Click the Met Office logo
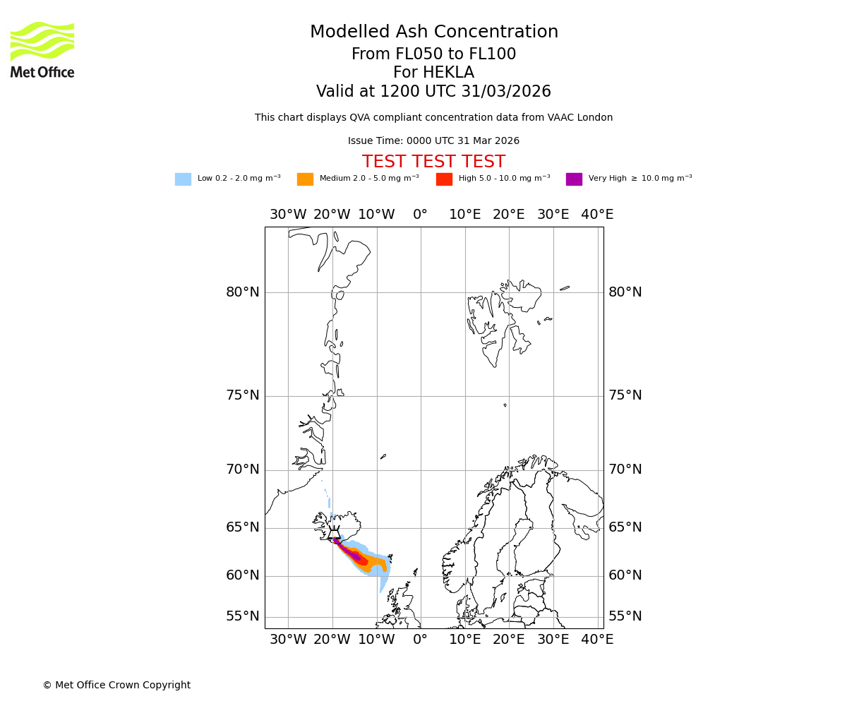pyautogui.click(x=42, y=49)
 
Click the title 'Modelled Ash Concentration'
pyautogui.click(x=433, y=32)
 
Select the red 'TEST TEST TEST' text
pyautogui.click(x=433, y=162)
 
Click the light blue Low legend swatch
pyautogui.click(x=183, y=179)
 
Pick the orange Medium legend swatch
pyautogui.click(x=305, y=179)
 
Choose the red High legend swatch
pyautogui.click(x=444, y=179)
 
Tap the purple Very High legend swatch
pyautogui.click(x=574, y=179)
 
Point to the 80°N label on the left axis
pyautogui.click(x=242, y=292)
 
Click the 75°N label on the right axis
pyautogui.click(x=625, y=395)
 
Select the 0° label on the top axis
pyautogui.click(x=420, y=215)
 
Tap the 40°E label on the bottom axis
pyautogui.click(x=597, y=640)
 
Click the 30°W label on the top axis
pyautogui.click(x=288, y=215)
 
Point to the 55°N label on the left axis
pyautogui.click(x=242, y=616)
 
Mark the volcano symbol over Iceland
pyautogui.click(x=334, y=534)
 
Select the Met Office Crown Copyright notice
pyautogui.click(x=116, y=685)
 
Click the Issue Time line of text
pyautogui.click(x=433, y=141)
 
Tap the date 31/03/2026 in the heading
pyautogui.click(x=506, y=92)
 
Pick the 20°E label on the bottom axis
pyautogui.click(x=509, y=640)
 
